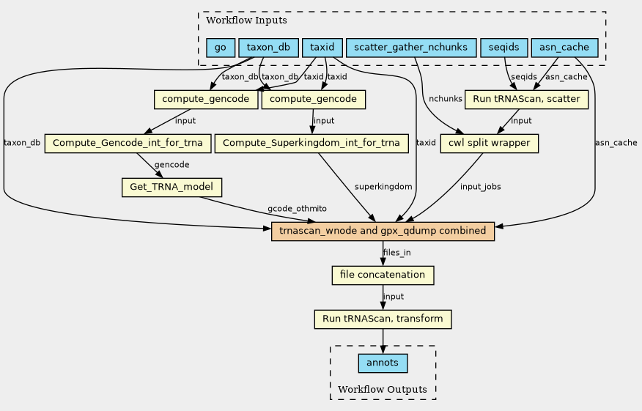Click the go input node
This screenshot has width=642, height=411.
[221, 48]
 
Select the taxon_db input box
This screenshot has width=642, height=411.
[268, 48]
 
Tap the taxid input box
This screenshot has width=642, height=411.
[322, 48]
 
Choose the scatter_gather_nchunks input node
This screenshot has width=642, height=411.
[410, 48]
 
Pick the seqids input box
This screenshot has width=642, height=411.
[503, 48]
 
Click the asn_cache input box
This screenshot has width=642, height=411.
[564, 48]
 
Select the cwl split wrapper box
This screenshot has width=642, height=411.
[490, 144]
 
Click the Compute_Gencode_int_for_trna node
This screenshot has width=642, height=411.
[128, 144]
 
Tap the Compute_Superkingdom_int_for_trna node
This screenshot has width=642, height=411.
[311, 144]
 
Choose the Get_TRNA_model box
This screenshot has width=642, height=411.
[171, 188]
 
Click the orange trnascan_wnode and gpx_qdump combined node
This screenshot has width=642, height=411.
[383, 232]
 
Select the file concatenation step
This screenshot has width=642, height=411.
[383, 275]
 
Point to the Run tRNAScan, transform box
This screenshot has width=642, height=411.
[383, 319]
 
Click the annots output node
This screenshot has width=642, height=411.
[383, 363]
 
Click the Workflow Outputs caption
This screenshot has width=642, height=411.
[383, 389]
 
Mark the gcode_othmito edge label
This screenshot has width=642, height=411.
[297, 210]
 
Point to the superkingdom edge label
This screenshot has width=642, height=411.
[383, 188]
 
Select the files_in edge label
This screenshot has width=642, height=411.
[397, 253]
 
